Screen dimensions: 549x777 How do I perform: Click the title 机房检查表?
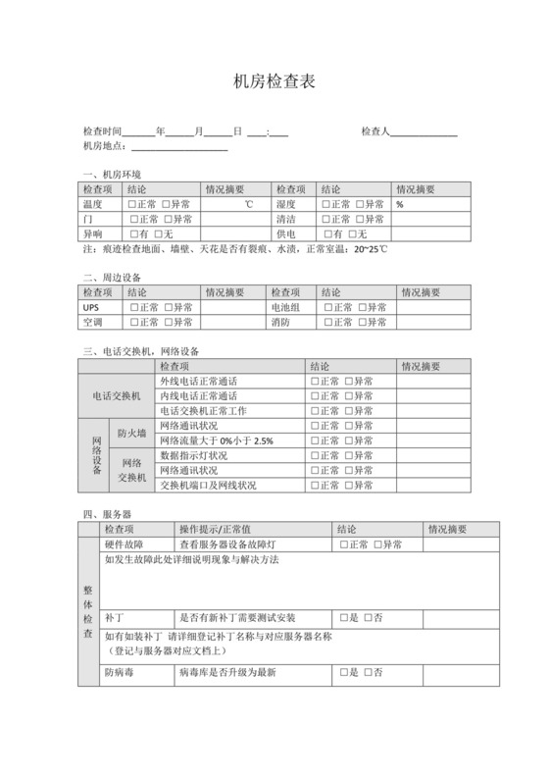click(x=274, y=82)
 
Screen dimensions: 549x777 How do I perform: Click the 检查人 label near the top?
click(x=376, y=131)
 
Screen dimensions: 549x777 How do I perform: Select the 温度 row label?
click(x=93, y=204)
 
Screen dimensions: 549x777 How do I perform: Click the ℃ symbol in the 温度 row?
click(x=249, y=204)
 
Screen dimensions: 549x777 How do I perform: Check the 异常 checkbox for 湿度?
click(x=358, y=204)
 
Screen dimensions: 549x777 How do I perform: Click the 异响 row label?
click(x=93, y=234)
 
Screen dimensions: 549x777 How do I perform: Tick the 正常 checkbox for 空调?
click(x=132, y=322)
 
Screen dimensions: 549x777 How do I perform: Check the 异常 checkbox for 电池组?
click(x=362, y=307)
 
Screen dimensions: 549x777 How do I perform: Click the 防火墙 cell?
click(x=131, y=433)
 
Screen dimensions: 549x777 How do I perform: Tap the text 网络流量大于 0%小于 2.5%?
click(x=216, y=441)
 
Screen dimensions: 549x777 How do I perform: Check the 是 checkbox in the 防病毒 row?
click(x=341, y=672)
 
